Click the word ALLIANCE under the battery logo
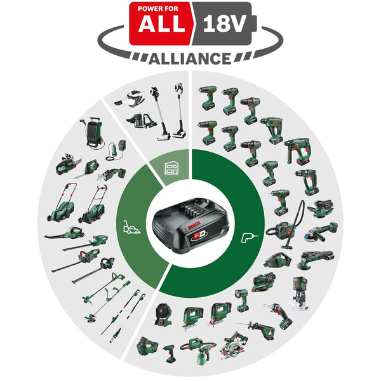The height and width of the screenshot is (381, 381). (190, 58)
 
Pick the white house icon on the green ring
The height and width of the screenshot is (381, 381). (172, 169)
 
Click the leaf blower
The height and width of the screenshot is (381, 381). (63, 233)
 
